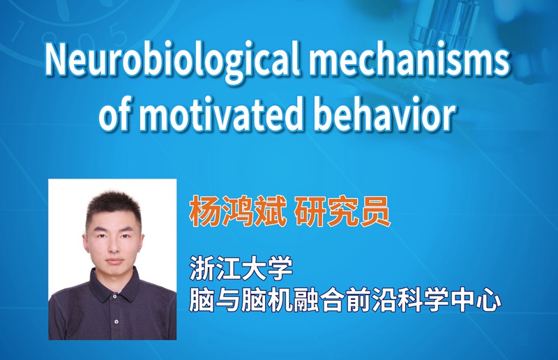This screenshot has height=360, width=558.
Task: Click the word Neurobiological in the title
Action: pyautogui.click(x=173, y=61)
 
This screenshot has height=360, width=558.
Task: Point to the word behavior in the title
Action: pyautogui.click(x=384, y=114)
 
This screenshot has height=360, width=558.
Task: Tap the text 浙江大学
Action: pyautogui.click(x=241, y=268)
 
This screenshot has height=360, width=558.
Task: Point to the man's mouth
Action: pyautogui.click(x=114, y=261)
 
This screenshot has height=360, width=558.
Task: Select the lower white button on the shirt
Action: pyautogui.click(x=116, y=321)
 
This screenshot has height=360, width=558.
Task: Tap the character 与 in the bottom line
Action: pyautogui.click(x=228, y=300)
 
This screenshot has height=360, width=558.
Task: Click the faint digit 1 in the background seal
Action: pyautogui.click(x=19, y=32)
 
